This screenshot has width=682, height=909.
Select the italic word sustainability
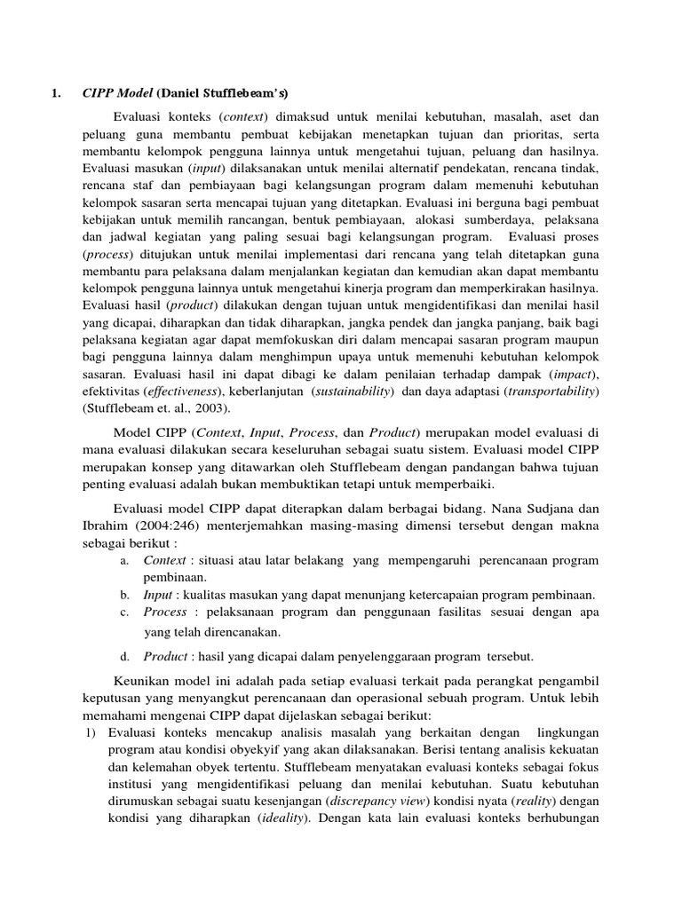[350, 391]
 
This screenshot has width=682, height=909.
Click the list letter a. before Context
[123, 561]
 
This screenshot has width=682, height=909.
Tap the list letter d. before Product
[123, 656]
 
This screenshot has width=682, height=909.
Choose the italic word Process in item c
[165, 612]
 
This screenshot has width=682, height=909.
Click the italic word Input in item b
[157, 595]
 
